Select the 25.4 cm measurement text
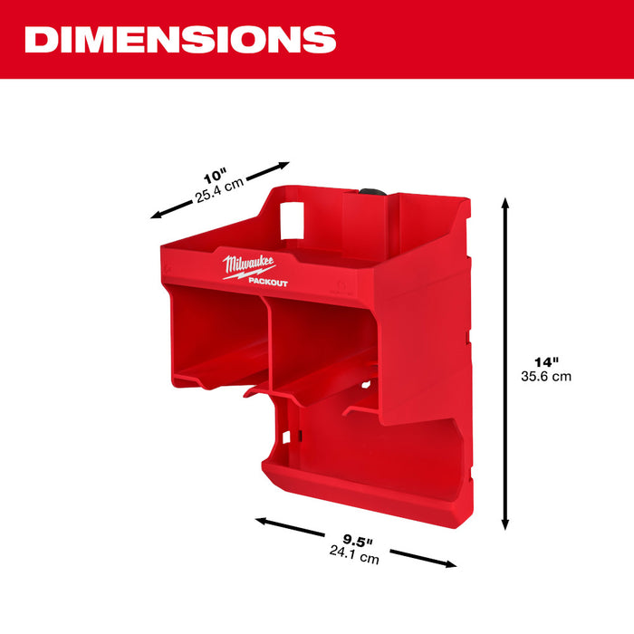pyautogui.click(x=221, y=188)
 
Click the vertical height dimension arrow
pyautogui.click(x=505, y=362)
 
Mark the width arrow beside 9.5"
pyautogui.click(x=356, y=542)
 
